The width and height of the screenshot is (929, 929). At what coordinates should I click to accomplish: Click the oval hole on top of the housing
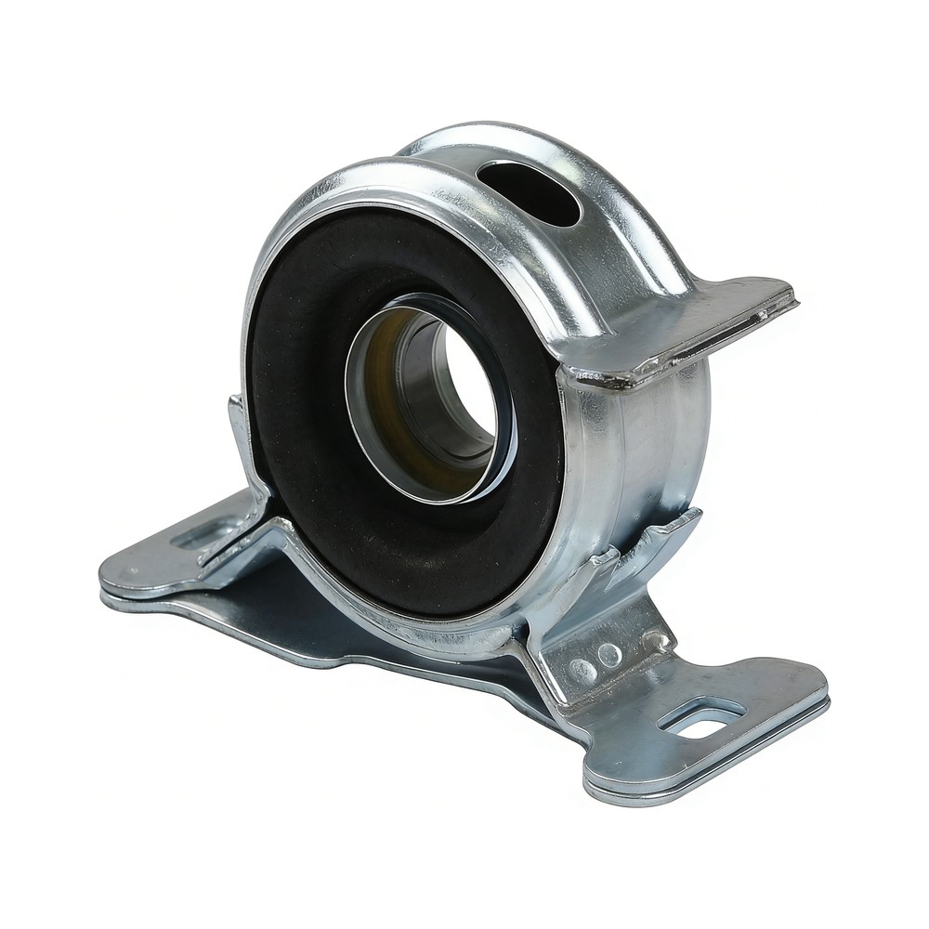tap(530, 190)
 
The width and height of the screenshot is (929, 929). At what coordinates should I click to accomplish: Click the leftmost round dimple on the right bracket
tap(583, 668)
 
